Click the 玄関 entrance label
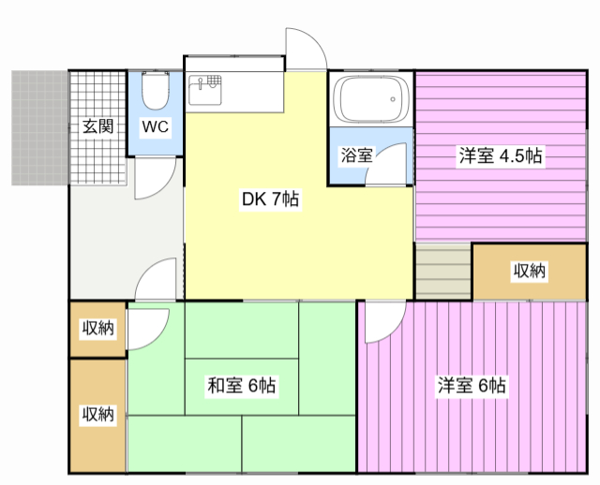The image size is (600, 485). point(97,126)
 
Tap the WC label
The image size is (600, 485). point(155,126)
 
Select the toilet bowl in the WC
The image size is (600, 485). point(155,91)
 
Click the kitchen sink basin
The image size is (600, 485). point(204,90)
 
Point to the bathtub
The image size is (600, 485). point(370,99)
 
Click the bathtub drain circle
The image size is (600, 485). point(393,99)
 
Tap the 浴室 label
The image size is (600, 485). point(356,155)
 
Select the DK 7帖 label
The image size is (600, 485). point(270,199)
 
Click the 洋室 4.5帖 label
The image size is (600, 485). point(500,156)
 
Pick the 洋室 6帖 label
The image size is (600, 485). point(472,385)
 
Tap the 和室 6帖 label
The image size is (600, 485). point(241,385)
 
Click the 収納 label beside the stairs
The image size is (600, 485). point(529,271)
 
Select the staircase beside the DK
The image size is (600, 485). point(443,271)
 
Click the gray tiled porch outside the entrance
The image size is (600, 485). point(39,127)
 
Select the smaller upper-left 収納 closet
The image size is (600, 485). point(97,330)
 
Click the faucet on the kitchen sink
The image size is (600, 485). point(200,83)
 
